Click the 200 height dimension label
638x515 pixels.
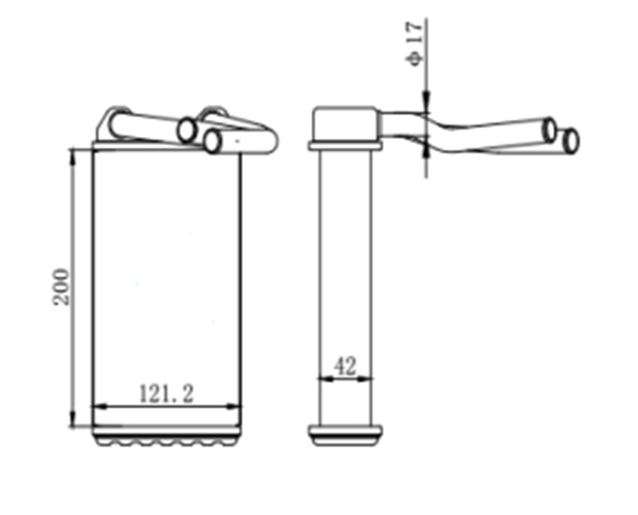coord(61,287)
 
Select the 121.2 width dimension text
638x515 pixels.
coord(167,393)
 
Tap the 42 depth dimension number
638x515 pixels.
coord(345,366)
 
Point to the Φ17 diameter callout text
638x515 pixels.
coord(414,44)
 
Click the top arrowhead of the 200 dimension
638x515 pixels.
coord(72,157)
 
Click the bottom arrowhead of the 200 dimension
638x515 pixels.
coord(72,419)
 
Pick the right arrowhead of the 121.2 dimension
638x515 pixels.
coord(232,406)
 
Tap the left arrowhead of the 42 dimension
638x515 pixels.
coord(326,379)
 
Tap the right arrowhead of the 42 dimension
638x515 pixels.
coord(365,379)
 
